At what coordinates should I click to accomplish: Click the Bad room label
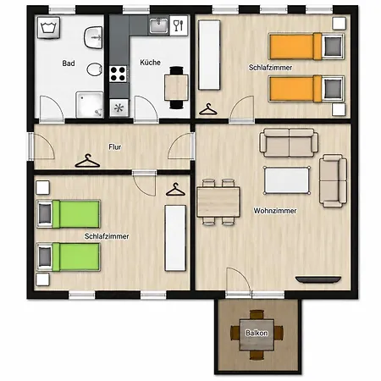69,63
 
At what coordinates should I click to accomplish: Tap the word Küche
150,63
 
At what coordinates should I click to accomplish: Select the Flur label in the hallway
115,147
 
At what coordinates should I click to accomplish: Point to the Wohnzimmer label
275,211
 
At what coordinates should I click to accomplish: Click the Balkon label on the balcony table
257,333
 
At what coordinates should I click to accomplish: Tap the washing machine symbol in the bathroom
48,28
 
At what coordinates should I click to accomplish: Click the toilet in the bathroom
94,69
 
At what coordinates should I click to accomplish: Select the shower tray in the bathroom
90,104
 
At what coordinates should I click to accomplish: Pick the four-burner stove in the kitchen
118,74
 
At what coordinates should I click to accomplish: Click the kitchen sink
158,25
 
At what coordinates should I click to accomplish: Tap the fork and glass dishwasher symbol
179,25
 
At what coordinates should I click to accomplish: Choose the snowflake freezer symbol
119,108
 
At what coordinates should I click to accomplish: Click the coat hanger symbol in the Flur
87,161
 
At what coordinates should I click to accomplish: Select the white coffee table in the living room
287,180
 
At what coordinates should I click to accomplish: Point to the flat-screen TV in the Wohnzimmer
318,279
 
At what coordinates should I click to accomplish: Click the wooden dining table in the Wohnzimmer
218,202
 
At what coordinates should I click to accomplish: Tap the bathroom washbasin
93,37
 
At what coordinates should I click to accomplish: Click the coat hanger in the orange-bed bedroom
208,109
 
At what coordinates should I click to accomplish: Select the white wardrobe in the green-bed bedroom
175,238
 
